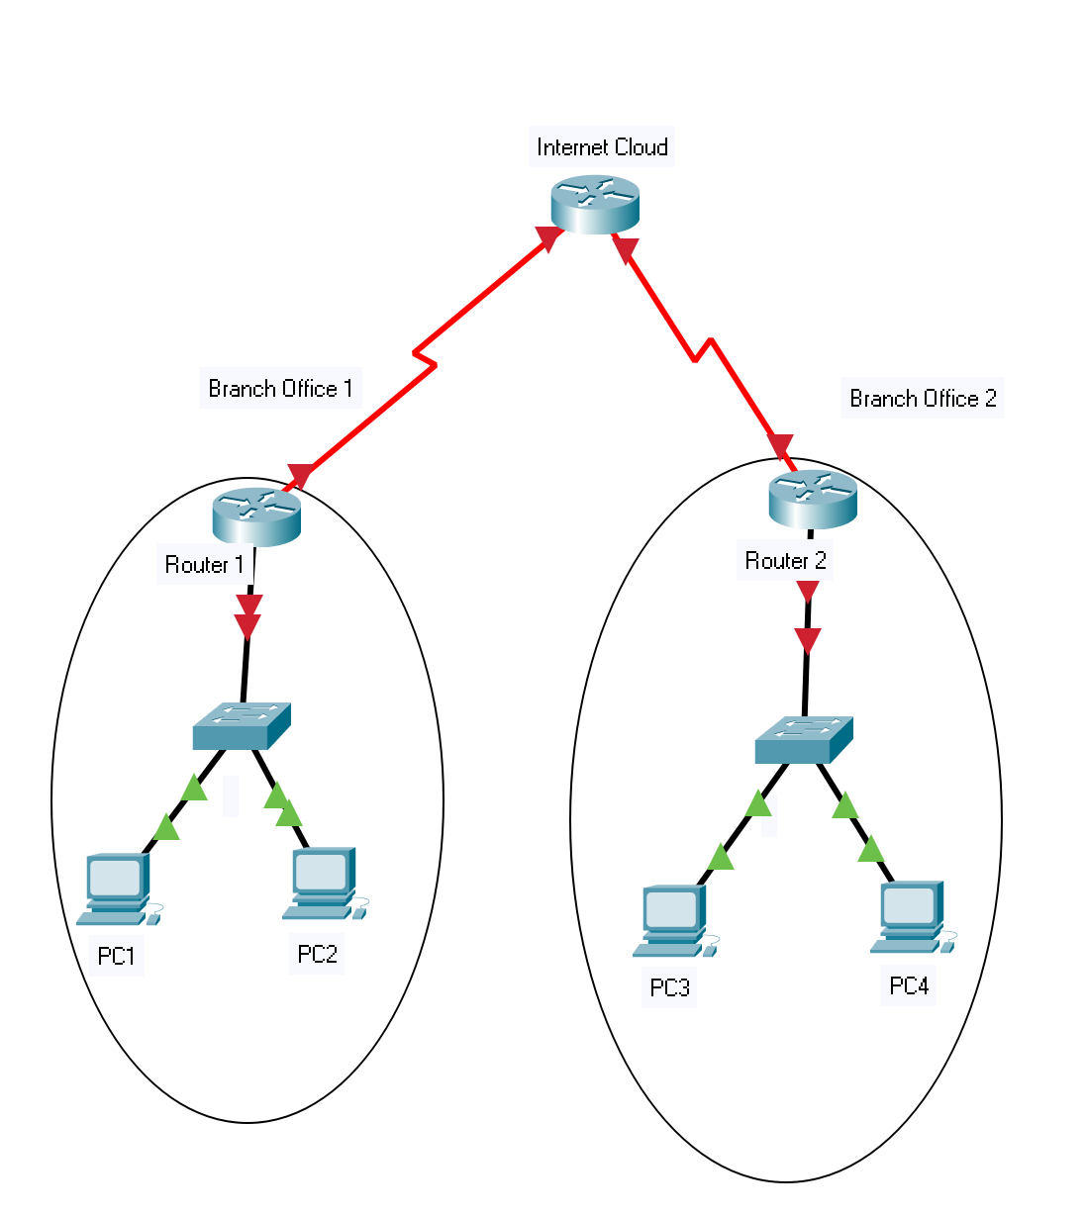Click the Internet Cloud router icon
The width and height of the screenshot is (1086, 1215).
(595, 204)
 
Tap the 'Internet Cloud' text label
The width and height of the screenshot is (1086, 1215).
(602, 147)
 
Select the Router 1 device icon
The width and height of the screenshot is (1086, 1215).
(256, 515)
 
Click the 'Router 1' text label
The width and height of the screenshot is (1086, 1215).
(204, 565)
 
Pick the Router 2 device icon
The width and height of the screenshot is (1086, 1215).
(813, 499)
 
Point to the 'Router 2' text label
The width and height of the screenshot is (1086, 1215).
(785, 561)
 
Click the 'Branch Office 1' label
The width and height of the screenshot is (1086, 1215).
(280, 389)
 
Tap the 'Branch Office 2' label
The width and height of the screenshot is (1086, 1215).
(923, 399)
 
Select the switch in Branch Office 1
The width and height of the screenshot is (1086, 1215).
(241, 726)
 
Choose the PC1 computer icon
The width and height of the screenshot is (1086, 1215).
(118, 888)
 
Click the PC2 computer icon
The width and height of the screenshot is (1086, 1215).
(324, 883)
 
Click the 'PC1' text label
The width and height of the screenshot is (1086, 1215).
(117, 956)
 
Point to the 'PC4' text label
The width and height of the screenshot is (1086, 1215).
(909, 985)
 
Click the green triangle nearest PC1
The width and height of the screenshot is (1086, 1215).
(166, 827)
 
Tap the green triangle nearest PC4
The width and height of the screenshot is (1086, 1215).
(871, 849)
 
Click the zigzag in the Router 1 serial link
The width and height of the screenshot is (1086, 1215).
(425, 358)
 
